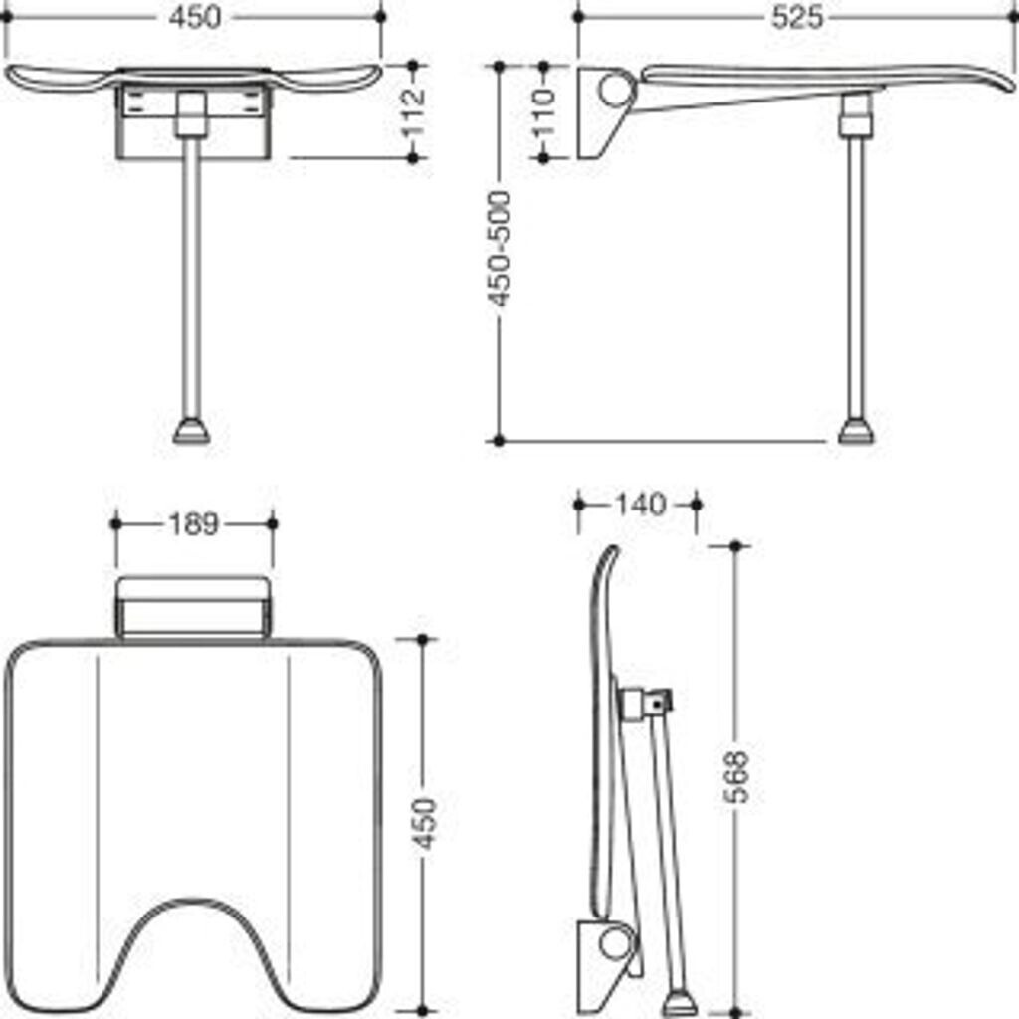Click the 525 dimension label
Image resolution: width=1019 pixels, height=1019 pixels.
coord(798,17)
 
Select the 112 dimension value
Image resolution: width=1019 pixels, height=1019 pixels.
coord(413,110)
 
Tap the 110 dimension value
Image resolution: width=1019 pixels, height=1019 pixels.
coord(543,111)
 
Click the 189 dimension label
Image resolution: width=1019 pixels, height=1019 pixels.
coord(193,523)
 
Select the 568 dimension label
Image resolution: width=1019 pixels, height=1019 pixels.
coord(736,777)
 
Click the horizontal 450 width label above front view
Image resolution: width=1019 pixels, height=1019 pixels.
coord(195,17)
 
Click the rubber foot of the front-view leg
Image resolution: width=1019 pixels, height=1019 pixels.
coord(191,432)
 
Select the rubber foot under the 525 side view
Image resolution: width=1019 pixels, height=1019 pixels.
coord(856,432)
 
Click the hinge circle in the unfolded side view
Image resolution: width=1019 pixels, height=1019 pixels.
coord(615,91)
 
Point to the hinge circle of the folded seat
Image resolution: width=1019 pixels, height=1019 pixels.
coord(615,943)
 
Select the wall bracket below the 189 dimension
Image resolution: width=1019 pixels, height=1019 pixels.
coord(193,607)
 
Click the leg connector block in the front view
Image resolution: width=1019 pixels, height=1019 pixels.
coord(190,113)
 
